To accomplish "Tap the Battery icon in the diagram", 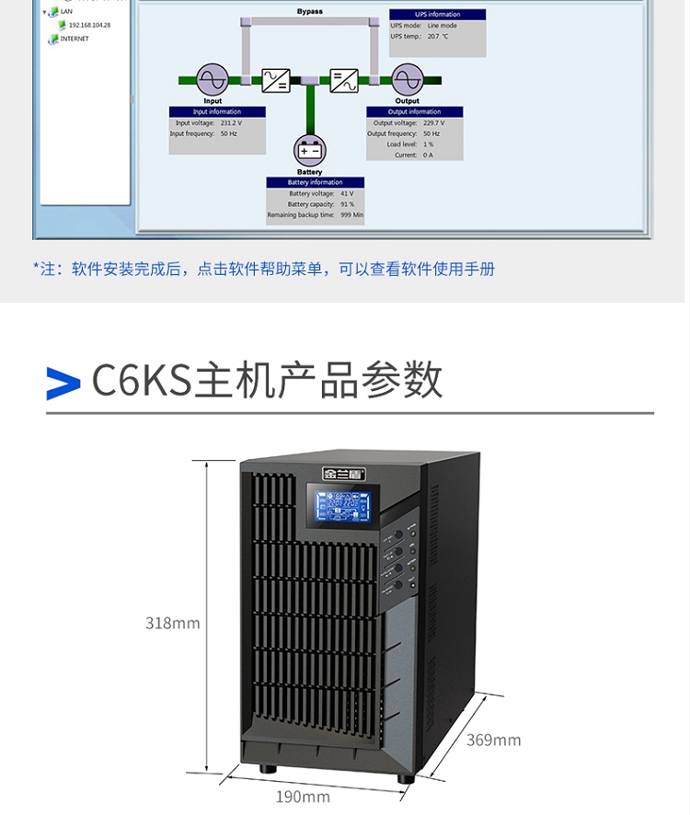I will (309, 150).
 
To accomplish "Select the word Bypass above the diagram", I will (310, 12).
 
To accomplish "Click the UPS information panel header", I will (437, 15).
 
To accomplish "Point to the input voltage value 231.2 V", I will (231, 122).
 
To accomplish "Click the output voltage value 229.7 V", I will (432, 122).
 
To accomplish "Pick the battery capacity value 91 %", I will (348, 204).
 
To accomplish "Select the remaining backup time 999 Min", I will (351, 215).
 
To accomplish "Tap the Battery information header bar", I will (315, 182).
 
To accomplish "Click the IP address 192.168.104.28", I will (89, 25).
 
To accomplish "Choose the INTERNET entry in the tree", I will (75, 39).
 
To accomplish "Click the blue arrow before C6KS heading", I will (63, 383).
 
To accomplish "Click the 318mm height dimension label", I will (172, 623).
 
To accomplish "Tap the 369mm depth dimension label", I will (493, 740).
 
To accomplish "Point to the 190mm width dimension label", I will (303, 796).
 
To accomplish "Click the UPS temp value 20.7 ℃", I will (438, 36).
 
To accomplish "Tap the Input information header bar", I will (218, 112).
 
